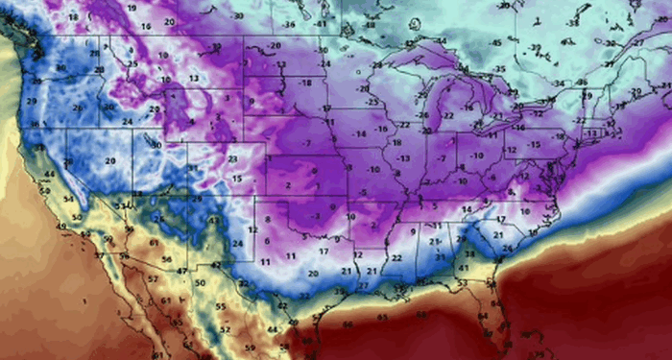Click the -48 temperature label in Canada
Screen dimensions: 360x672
tap(372, 24)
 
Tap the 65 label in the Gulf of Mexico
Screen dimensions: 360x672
tap(383, 316)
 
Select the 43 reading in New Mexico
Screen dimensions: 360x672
tap(212, 222)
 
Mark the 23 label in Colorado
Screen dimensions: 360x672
tap(233, 158)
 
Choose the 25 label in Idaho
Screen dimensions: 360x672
tap(132, 64)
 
